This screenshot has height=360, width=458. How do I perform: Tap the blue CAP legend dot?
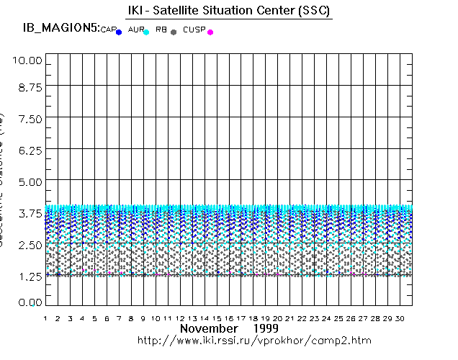[x=119, y=32]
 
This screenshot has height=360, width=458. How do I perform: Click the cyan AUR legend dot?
[x=146, y=32]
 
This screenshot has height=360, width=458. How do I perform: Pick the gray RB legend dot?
[x=174, y=32]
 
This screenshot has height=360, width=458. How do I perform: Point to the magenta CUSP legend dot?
[x=210, y=32]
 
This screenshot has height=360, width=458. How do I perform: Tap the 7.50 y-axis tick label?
[x=30, y=119]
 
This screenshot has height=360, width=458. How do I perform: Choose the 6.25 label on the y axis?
[x=30, y=150]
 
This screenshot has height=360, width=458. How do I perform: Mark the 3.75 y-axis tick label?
[x=30, y=212]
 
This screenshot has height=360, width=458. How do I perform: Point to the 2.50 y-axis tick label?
[x=30, y=244]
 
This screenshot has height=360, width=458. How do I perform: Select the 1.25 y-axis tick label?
[x=30, y=275]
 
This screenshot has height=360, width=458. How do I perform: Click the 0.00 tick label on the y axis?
[x=30, y=302]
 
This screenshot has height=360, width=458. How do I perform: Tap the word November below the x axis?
[x=208, y=328]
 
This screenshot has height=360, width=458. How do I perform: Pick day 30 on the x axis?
[x=400, y=318]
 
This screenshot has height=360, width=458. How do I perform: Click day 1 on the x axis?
[x=45, y=318]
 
